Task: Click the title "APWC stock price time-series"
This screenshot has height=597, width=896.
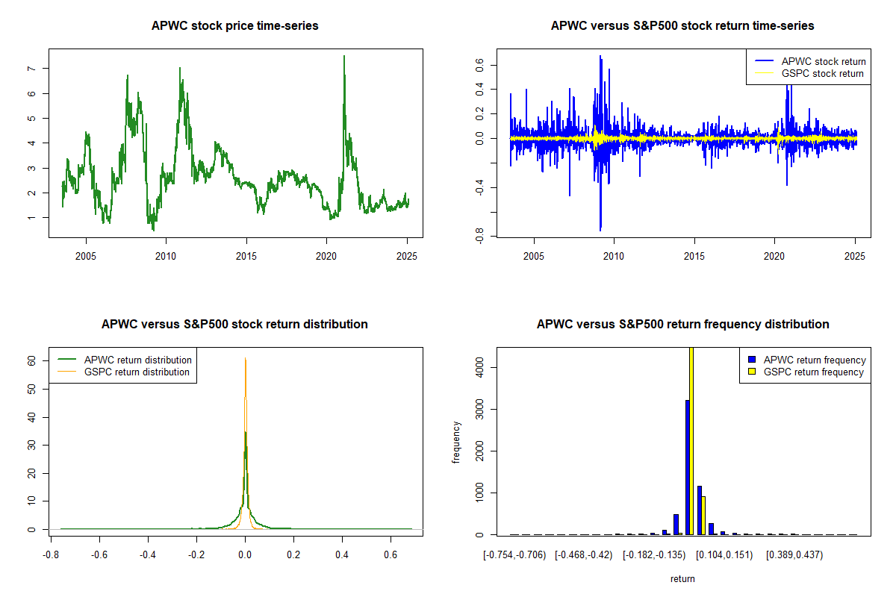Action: point(234,26)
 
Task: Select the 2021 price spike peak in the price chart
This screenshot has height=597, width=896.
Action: point(344,57)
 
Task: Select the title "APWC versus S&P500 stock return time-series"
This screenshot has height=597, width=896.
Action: point(682,26)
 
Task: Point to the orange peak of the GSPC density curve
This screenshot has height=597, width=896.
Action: point(245,358)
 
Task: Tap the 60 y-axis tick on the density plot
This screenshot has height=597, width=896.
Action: point(32,360)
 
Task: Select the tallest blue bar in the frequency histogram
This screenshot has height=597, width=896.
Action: point(687,467)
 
